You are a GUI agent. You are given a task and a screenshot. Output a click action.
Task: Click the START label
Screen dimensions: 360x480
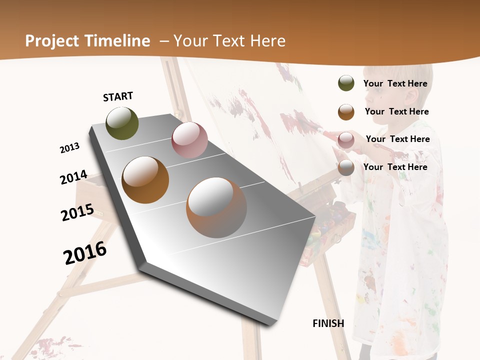coord(118,96)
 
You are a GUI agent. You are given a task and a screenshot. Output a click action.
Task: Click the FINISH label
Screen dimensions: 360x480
coord(328,323)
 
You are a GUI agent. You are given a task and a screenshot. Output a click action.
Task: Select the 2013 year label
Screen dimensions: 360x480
coord(69,148)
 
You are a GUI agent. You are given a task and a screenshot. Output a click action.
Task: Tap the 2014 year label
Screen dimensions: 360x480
coord(73,177)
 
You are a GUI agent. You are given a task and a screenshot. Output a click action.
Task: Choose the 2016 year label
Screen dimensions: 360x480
coord(85,253)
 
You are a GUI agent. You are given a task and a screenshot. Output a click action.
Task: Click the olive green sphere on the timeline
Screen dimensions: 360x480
coord(122,123)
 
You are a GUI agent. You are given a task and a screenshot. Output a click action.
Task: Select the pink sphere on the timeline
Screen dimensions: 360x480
coord(189,140)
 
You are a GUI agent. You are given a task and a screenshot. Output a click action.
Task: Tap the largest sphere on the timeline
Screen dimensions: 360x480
coord(216,207)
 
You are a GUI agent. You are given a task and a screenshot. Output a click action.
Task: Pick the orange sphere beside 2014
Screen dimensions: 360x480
coord(145,179)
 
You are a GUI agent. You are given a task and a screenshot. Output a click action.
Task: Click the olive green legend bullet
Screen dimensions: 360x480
coord(346,83)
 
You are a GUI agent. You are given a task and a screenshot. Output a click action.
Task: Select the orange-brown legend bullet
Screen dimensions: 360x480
coord(346,111)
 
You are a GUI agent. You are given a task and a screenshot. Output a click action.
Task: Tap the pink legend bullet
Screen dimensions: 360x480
coord(346,139)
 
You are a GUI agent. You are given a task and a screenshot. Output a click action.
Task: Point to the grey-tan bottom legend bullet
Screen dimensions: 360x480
coord(346,167)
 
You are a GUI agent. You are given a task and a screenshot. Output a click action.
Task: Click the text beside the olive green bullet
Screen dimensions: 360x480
coord(395,83)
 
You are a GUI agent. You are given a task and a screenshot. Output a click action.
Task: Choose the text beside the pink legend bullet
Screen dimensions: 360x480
coord(397,139)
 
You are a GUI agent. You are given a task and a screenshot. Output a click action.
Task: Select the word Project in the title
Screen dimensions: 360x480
coord(51,41)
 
